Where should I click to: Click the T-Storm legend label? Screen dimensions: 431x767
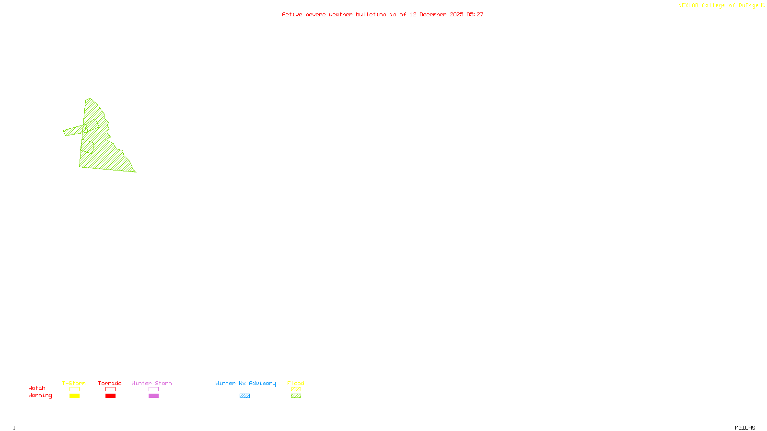click(74, 383)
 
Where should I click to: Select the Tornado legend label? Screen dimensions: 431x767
click(110, 383)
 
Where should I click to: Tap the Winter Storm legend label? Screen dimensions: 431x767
click(151, 383)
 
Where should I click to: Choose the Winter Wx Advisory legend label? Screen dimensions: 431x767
click(245, 383)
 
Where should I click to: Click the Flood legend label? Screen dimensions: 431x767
click(296, 383)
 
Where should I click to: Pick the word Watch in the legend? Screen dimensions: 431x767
click(37, 388)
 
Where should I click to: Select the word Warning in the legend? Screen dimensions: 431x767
click(40, 396)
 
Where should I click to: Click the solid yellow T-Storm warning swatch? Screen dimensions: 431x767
click(74, 396)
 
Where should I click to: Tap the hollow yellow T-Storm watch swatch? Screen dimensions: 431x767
click(74, 389)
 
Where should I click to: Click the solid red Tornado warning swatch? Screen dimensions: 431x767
click(110, 396)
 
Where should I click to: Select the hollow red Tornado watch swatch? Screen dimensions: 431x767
click(110, 389)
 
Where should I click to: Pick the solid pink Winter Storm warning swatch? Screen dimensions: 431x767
click(153, 396)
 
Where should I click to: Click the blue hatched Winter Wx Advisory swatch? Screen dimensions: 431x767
click(244, 396)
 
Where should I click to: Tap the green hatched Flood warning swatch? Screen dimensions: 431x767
click(296, 396)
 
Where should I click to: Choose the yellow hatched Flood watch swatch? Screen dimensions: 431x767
click(296, 389)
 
